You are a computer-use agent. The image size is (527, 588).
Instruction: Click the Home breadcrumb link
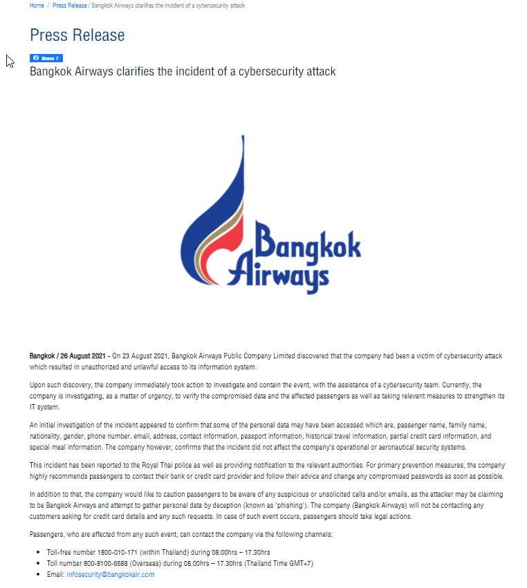37,6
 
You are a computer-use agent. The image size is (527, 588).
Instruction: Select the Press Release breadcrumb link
70,6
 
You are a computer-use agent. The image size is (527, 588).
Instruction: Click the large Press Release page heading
77,35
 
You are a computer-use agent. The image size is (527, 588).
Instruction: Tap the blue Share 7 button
46,58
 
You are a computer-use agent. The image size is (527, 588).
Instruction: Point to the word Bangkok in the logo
308,242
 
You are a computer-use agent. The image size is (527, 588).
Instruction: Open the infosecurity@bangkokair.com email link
110,574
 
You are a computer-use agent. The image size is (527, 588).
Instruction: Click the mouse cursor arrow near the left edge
10,61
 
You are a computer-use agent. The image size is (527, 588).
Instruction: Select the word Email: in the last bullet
55,574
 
